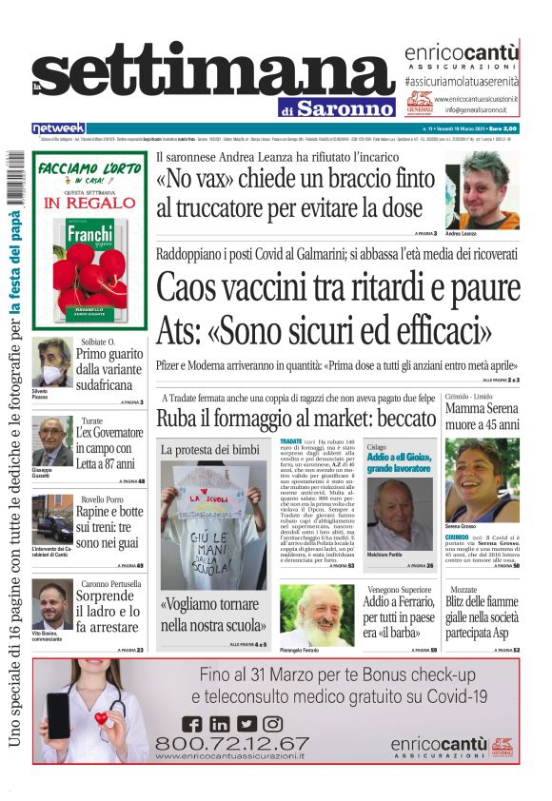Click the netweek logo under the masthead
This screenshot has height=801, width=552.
coord(59,128)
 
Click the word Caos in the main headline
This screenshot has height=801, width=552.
coord(195,286)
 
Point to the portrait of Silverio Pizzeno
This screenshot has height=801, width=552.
coord(50,362)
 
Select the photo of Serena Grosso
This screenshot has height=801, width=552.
coord(482,480)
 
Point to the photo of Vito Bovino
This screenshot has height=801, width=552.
coord(50,606)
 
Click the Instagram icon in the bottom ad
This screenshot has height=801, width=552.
coord(273,724)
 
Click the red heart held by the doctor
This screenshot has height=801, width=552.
coord(101,718)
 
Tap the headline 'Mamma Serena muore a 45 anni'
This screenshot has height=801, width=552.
coord(482,416)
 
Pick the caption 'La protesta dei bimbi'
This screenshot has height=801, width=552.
coord(209,448)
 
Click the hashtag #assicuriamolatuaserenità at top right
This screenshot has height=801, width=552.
coord(461,84)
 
